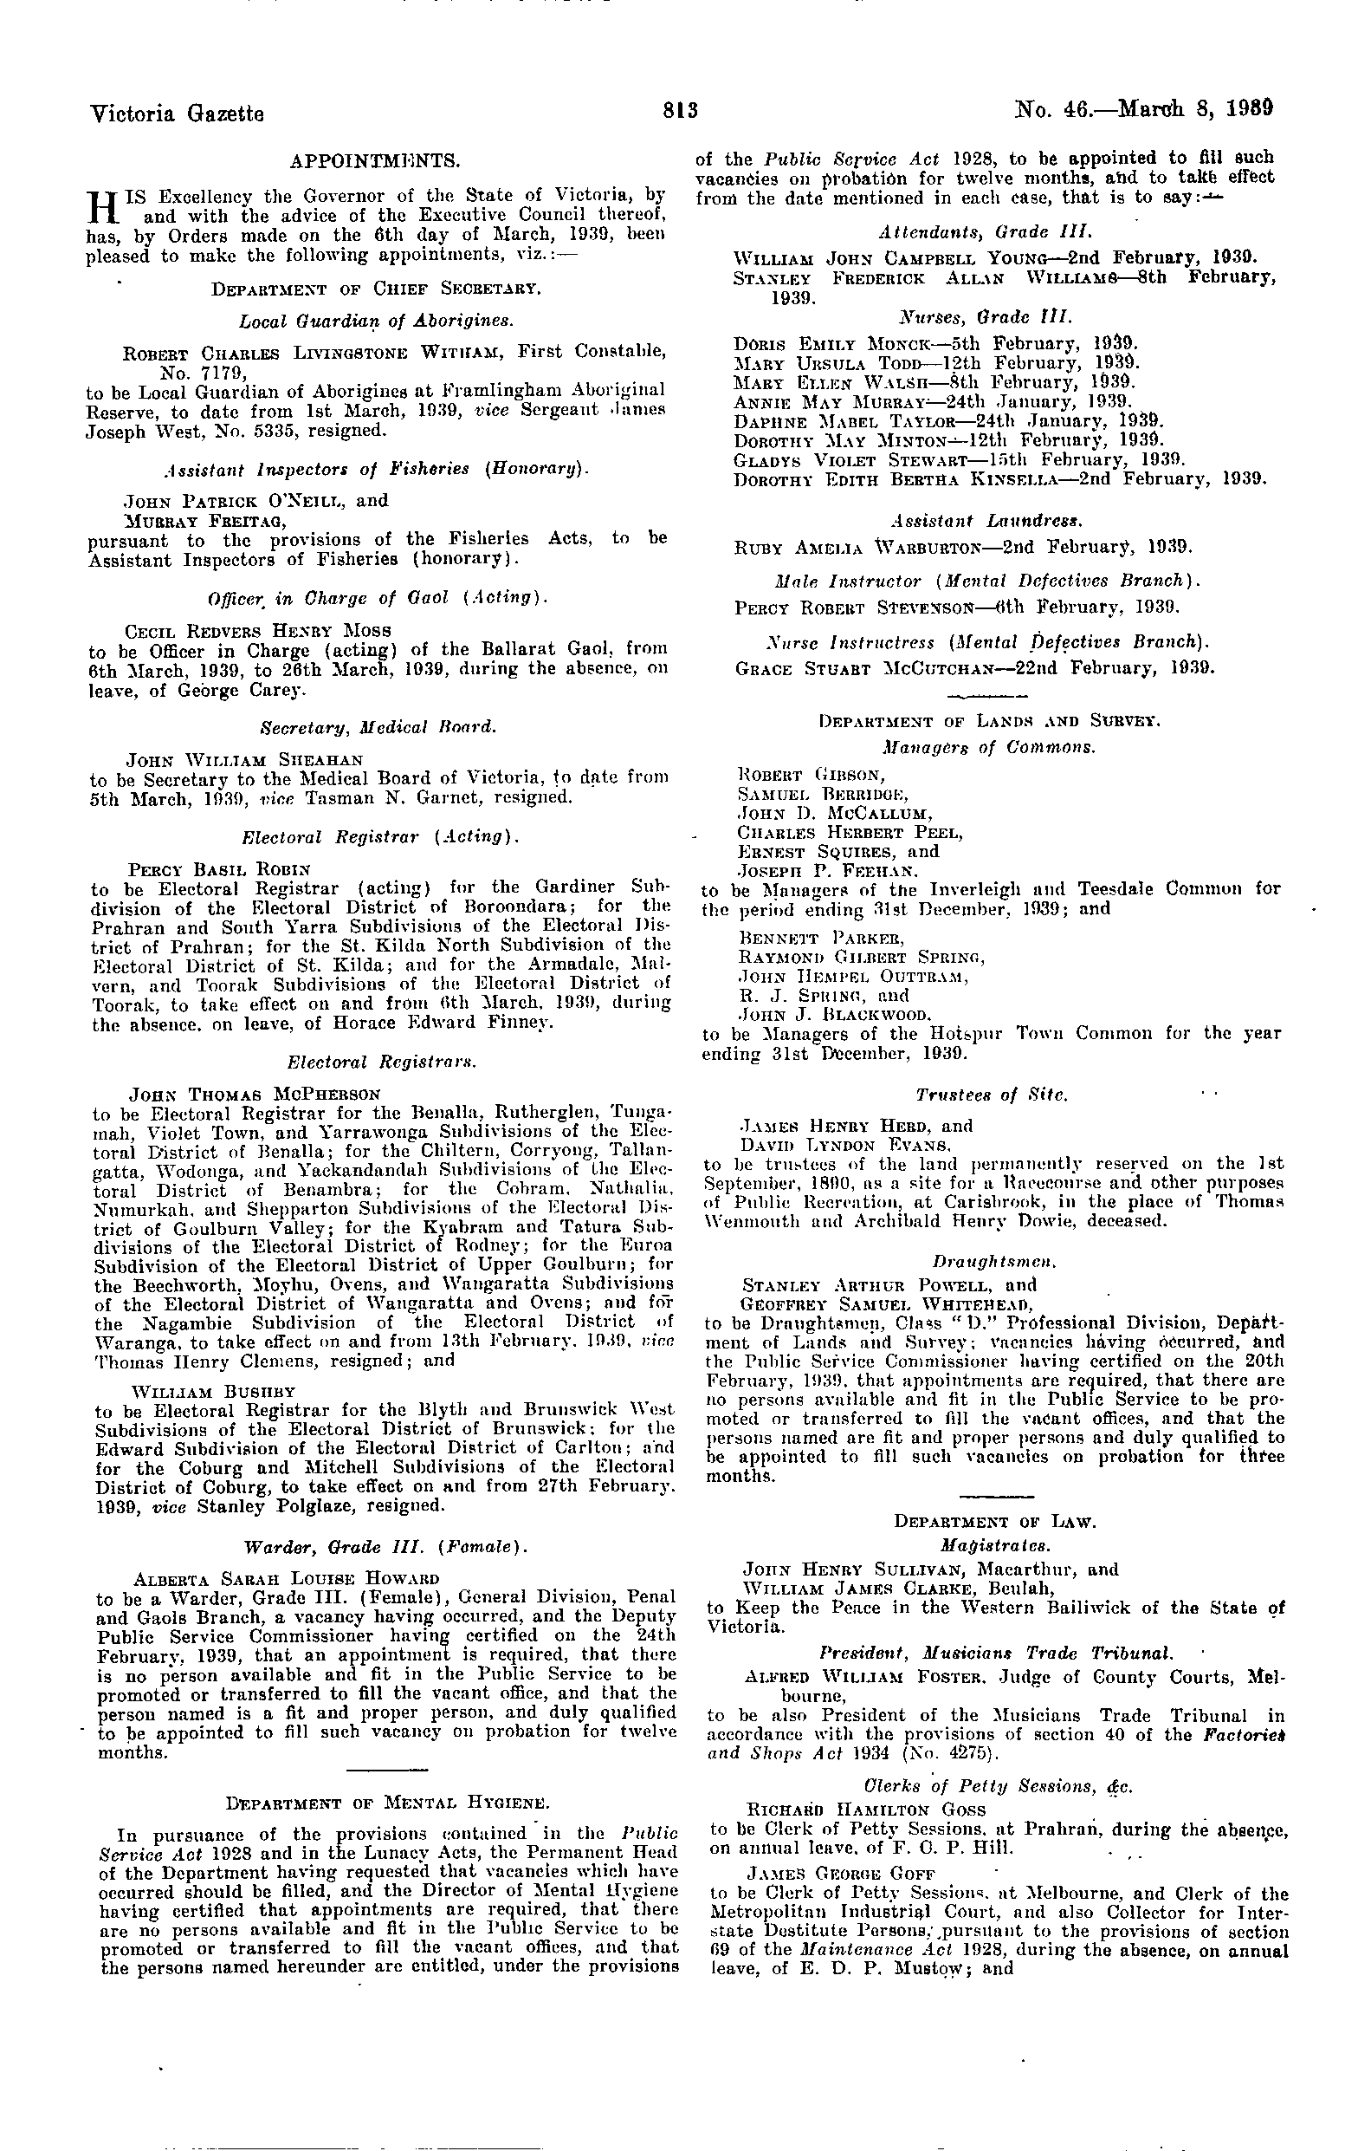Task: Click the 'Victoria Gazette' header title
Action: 177,114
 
